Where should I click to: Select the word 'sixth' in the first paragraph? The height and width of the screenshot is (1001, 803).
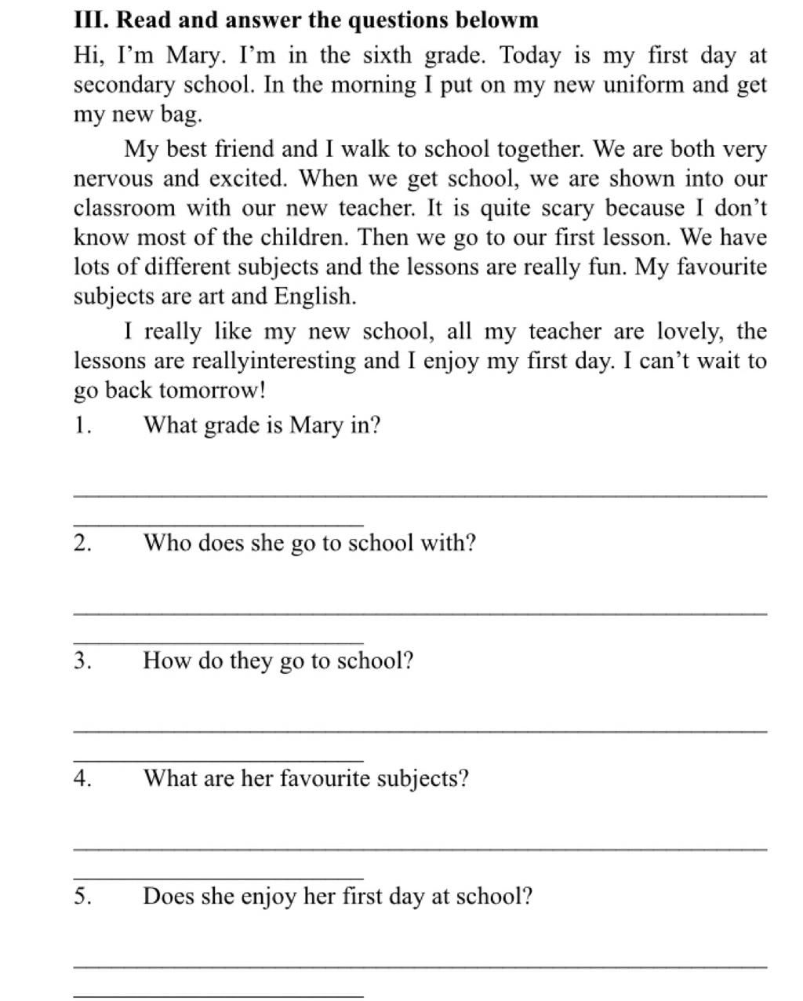point(387,56)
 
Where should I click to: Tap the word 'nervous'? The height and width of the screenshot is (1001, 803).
point(113,179)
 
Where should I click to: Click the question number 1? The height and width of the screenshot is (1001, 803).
point(82,426)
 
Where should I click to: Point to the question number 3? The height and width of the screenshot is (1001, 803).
point(83,661)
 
